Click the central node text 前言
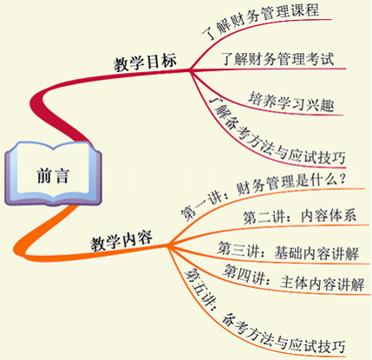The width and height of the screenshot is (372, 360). [53, 176]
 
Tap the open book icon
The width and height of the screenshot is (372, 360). [53, 173]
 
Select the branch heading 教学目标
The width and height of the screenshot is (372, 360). [145, 62]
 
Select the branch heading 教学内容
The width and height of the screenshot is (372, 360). [121, 241]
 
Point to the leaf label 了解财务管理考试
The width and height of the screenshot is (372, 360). [277, 59]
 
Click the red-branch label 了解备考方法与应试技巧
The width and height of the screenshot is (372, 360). [276, 133]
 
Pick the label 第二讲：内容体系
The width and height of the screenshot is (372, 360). [299, 217]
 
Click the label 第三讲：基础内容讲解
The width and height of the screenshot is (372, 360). [288, 252]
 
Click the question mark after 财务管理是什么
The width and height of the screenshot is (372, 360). [342, 180]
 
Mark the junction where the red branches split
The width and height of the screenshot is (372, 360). [190, 69]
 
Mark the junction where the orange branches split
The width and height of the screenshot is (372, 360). [167, 245]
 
